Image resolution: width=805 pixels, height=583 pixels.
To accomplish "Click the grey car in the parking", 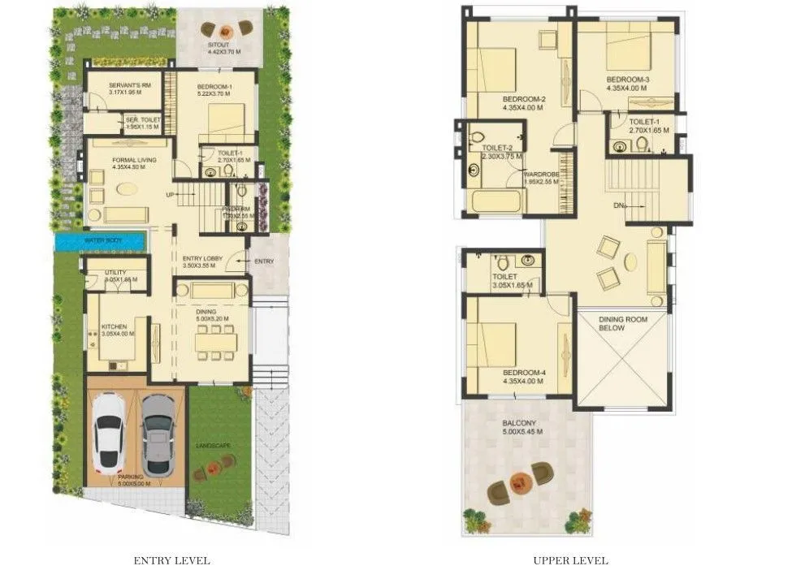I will [157, 436].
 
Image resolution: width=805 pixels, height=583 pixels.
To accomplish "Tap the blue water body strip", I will [100, 241].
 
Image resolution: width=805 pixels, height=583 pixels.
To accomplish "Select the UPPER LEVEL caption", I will [570, 560].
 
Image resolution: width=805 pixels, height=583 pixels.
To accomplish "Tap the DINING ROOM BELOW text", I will [623, 324].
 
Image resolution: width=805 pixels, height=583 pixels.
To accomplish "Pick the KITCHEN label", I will [113, 327].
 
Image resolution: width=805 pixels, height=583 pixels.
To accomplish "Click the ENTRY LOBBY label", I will [202, 259].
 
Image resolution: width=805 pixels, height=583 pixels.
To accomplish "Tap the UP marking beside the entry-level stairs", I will [169, 195].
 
